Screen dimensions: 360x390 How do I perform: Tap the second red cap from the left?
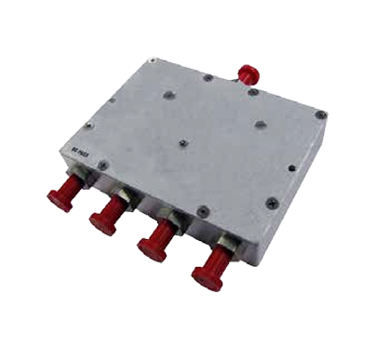[x=103, y=219]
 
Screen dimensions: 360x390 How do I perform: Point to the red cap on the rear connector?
[x=248, y=73]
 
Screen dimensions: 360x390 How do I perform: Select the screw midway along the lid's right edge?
[x=291, y=169]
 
